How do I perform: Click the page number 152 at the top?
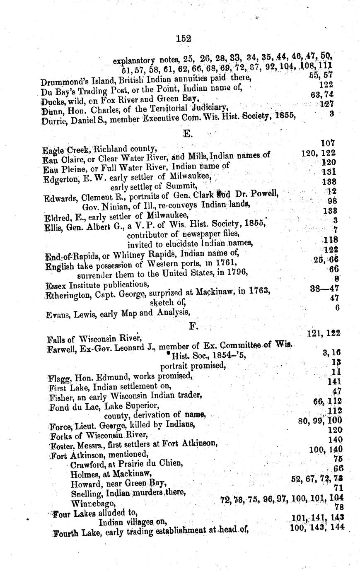183,39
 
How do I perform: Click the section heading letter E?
186,134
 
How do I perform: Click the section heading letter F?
192,326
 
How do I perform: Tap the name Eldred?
55,216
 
